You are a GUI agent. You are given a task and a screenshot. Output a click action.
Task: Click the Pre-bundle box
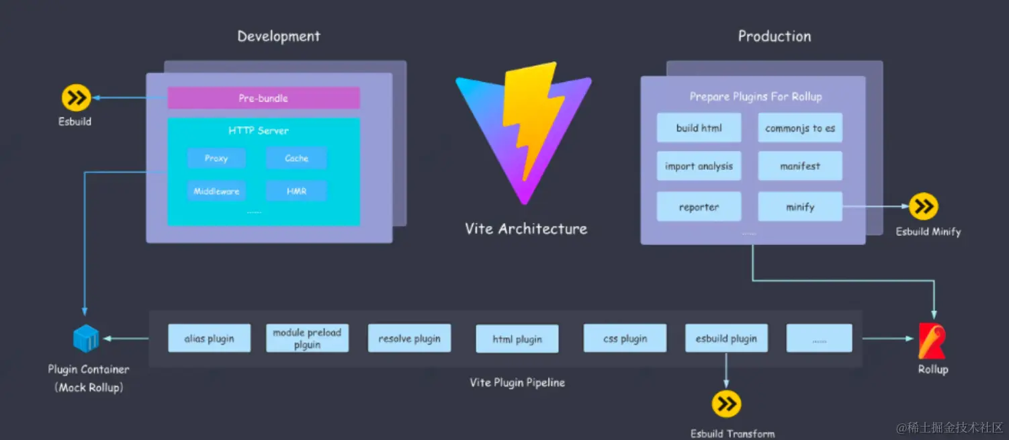pyautogui.click(x=263, y=98)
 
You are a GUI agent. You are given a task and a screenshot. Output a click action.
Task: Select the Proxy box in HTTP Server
pyautogui.click(x=216, y=159)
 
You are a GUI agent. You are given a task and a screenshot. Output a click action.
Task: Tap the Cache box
pyautogui.click(x=296, y=159)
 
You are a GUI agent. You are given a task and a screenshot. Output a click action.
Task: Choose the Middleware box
pyautogui.click(x=216, y=191)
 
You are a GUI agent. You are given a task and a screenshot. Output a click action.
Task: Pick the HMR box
pyautogui.click(x=296, y=191)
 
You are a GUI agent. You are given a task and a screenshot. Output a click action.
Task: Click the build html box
pyautogui.click(x=699, y=128)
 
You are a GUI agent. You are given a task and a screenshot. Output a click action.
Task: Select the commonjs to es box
pyautogui.click(x=800, y=128)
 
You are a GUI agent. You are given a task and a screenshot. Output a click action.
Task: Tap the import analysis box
pyautogui.click(x=699, y=166)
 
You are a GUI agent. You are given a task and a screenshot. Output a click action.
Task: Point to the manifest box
pyautogui.click(x=800, y=166)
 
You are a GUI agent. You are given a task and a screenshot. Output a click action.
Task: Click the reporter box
pyautogui.click(x=699, y=207)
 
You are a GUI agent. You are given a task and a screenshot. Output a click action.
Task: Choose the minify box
pyautogui.click(x=800, y=207)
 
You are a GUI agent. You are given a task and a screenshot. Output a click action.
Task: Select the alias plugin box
pyautogui.click(x=209, y=339)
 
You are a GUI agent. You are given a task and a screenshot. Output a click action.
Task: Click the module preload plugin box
pyautogui.click(x=307, y=339)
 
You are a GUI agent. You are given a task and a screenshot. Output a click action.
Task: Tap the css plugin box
pyautogui.click(x=625, y=339)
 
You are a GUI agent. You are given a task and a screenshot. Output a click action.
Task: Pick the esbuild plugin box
pyautogui.click(x=726, y=339)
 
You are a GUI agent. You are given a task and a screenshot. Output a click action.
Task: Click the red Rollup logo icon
pyautogui.click(x=932, y=341)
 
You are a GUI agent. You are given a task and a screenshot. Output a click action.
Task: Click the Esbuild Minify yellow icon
pyautogui.click(x=924, y=207)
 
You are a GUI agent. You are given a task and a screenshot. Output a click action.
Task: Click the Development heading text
pyautogui.click(x=279, y=36)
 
